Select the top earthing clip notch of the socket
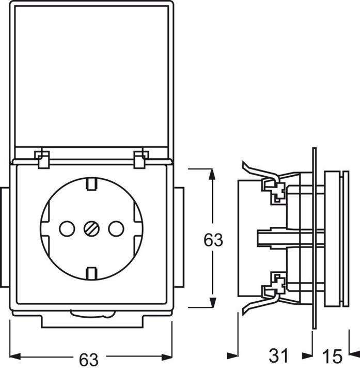point(91,182)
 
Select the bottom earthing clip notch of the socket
point(91,272)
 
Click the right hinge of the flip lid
point(140,159)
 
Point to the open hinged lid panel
point(91,78)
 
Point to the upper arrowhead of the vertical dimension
point(211,173)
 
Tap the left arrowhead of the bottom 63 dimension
point(15,356)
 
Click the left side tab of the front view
point(3,237)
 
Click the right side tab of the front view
point(179,237)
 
